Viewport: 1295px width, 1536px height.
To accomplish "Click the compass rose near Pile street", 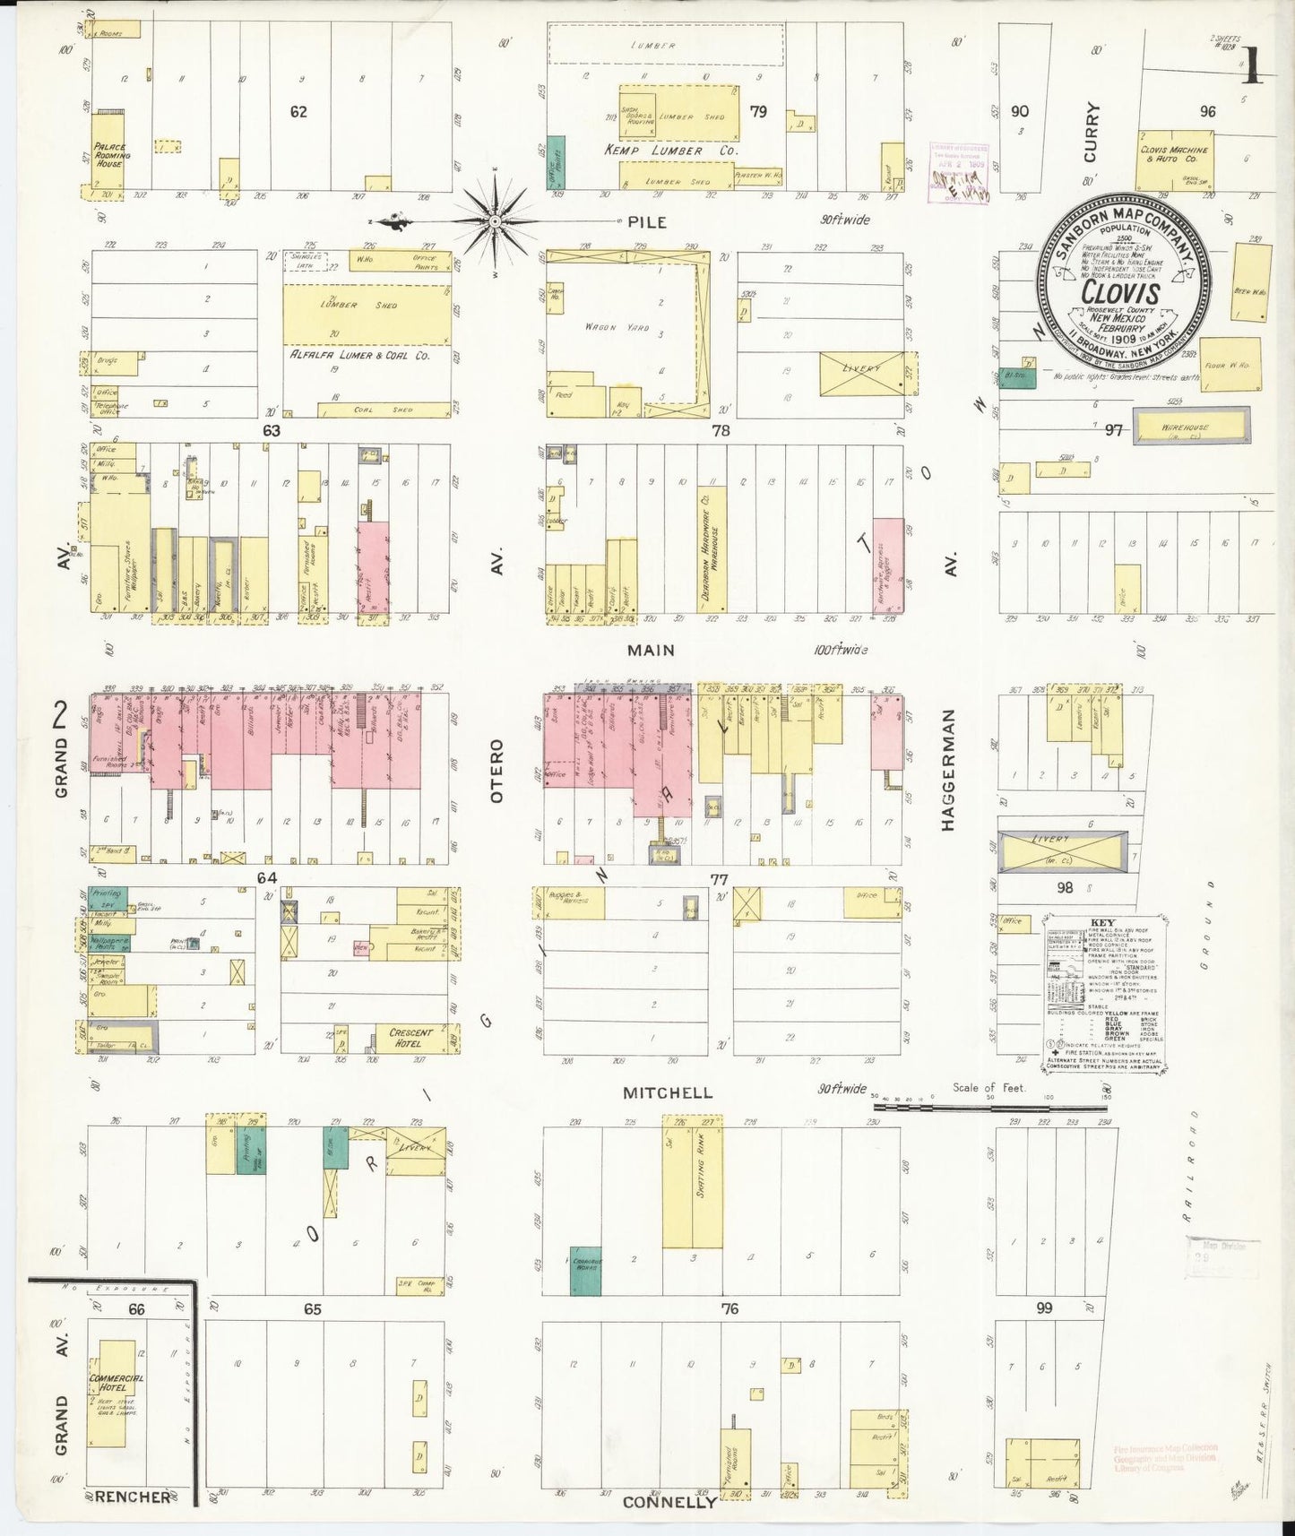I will coord(495,220).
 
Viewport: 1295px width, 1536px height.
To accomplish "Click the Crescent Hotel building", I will coord(411,1038).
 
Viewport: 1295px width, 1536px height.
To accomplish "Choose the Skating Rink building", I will coord(693,1181).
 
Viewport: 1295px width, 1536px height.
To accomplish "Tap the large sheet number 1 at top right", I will coord(1251,65).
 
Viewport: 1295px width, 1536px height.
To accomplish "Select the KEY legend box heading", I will coord(1102,923).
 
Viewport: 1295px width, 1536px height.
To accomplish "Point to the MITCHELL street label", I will coord(669,1092).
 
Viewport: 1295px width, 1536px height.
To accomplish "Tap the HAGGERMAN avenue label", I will coord(949,770).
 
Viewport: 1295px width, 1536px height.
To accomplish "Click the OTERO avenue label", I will coord(497,770).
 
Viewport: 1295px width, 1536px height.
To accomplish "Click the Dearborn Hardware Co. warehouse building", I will coord(712,549).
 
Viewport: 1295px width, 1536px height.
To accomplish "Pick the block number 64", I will coord(266,877).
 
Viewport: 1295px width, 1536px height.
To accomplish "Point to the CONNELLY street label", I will coord(669,1501).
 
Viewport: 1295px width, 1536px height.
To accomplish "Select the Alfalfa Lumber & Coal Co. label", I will coord(359,355).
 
